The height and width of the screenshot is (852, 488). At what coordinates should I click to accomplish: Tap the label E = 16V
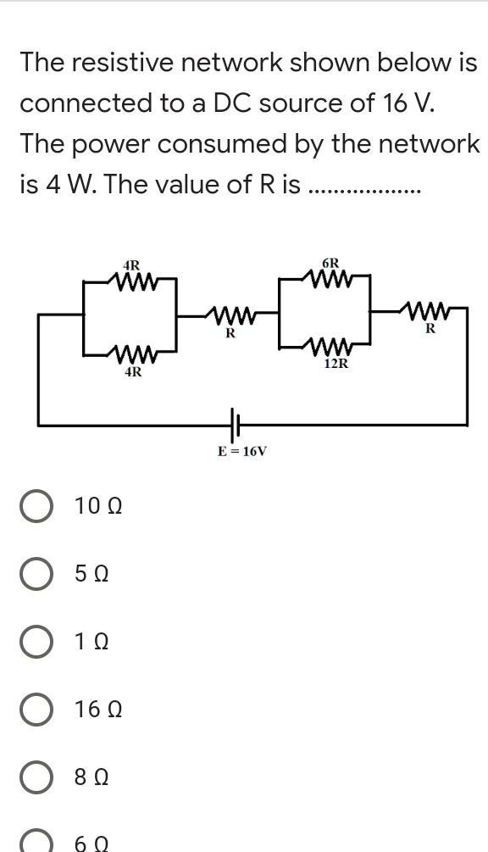tap(241, 451)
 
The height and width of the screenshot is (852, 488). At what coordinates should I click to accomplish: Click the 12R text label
tap(335, 364)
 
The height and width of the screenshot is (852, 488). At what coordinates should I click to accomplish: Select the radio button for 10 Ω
tap(36, 507)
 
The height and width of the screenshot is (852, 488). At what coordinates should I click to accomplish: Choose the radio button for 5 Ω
tap(36, 575)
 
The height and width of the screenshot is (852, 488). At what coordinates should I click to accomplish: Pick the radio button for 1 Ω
tap(36, 642)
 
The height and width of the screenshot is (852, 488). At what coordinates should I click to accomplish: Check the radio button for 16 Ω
tap(36, 710)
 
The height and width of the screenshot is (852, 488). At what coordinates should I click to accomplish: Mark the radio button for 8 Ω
tap(36, 777)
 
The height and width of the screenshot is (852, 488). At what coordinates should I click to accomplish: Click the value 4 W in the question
tap(58, 185)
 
